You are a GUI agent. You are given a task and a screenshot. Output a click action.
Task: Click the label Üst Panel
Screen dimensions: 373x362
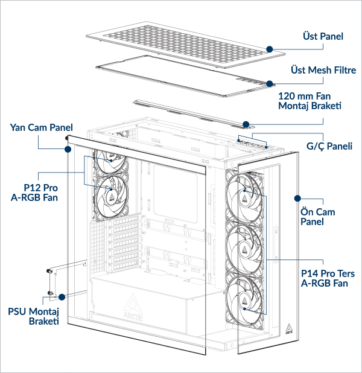pyautogui.click(x=322, y=37)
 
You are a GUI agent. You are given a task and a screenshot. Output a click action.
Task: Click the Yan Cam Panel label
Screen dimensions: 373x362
pyautogui.click(x=41, y=127)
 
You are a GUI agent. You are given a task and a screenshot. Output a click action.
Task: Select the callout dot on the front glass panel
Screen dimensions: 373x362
pyautogui.click(x=296, y=197)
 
